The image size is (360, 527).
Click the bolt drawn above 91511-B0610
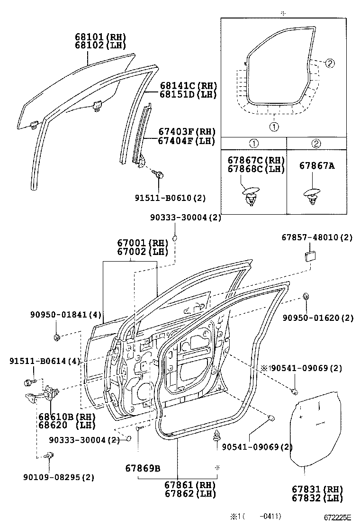click(x=160, y=175)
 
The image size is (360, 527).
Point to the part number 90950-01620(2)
click(x=318, y=318)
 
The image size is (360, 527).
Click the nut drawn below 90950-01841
click(x=56, y=337)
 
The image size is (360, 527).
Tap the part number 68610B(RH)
click(x=67, y=417)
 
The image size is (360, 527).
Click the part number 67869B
click(x=143, y=469)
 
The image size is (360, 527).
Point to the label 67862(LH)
click(x=190, y=493)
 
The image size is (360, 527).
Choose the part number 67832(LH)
click(x=317, y=498)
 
